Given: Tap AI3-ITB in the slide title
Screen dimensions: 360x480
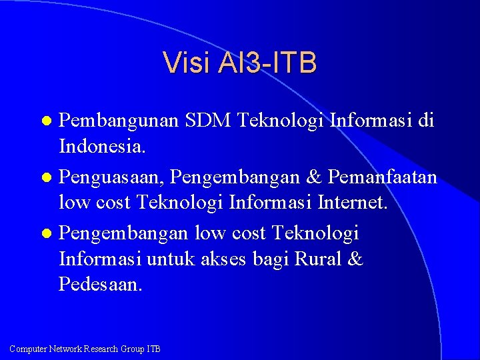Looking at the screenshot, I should pos(265,63).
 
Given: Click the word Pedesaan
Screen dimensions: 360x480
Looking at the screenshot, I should pos(100,284).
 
